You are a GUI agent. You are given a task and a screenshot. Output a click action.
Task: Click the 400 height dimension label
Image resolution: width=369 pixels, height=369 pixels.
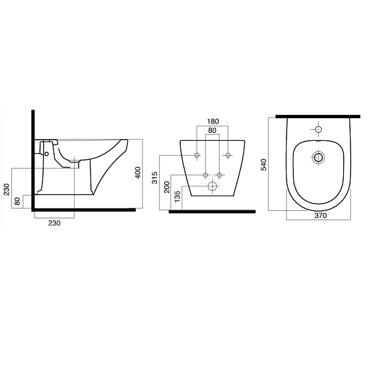coord(138,172)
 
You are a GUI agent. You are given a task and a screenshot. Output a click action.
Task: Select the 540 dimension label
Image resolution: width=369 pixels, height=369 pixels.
coord(264,164)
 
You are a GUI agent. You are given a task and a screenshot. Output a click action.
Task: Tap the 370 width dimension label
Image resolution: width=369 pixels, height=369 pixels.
coord(320,215)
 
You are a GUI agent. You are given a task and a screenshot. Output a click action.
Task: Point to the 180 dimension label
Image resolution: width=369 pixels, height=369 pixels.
coord(213,121)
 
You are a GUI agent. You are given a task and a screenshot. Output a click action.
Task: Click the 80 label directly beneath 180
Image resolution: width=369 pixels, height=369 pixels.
coord(212,130)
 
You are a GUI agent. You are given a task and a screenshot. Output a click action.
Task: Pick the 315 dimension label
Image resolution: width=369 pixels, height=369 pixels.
coord(154,178)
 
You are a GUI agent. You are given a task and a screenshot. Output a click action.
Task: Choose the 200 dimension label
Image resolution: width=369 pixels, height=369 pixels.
coord(167,187)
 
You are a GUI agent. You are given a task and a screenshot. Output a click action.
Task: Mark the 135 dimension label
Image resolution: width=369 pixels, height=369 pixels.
coord(177,196)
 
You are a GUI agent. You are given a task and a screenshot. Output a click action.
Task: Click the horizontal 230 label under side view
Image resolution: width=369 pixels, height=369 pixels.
coord(54,223)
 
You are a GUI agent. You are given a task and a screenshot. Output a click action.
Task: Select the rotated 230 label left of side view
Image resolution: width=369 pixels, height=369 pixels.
coord(7,189)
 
